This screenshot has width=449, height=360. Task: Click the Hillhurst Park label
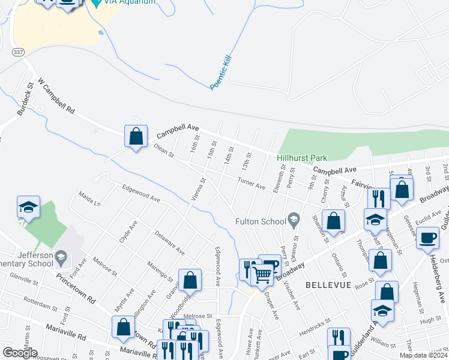pyautogui.click(x=301, y=158)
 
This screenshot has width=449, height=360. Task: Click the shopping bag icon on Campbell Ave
pyautogui.click(x=136, y=136)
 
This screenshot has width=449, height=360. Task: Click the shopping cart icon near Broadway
pyautogui.click(x=262, y=275)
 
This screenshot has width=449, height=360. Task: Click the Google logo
pyautogui.click(x=20, y=352)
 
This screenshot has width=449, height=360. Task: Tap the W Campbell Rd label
pyautogui.click(x=56, y=97)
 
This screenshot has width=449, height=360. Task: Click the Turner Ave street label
pyautogui.click(x=251, y=184)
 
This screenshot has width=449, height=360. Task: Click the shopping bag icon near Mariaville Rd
pyautogui.click(x=123, y=327)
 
